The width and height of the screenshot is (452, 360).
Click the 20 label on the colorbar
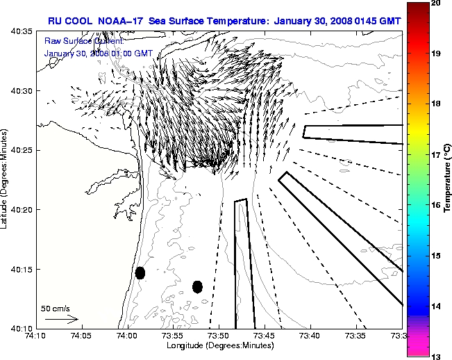[x=435, y=4]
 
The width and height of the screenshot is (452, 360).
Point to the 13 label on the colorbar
[x=435, y=356]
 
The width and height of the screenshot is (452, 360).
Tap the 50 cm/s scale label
[x=56, y=308]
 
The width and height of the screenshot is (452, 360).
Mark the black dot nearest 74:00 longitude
[x=140, y=272]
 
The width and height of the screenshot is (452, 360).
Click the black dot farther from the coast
[x=197, y=286]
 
